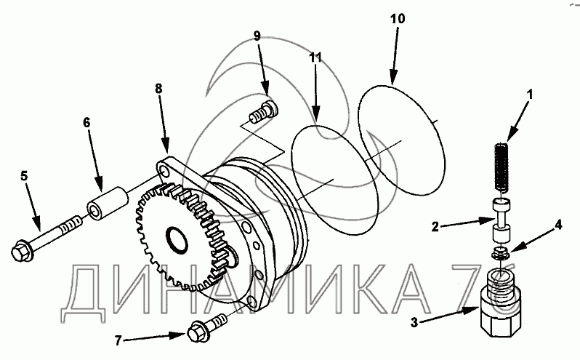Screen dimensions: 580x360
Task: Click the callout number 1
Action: [530, 95]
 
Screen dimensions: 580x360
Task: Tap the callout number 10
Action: [398, 18]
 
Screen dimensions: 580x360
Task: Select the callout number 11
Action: [315, 57]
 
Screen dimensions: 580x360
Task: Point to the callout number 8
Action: [158, 89]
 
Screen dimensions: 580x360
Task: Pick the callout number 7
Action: [118, 340]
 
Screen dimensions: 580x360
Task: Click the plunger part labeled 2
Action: [502, 220]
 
